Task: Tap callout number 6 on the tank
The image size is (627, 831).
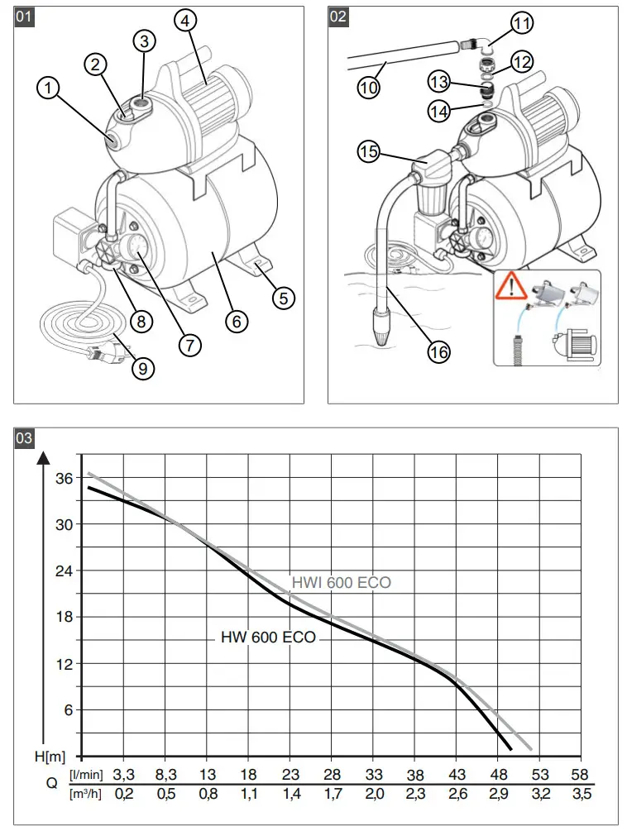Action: click(235, 320)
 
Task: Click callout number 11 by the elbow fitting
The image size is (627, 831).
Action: click(521, 24)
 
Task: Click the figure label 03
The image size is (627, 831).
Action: click(26, 437)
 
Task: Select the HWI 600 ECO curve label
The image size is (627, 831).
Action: click(341, 583)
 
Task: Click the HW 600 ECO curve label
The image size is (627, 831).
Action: click(268, 638)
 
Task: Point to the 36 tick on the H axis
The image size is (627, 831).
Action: click(64, 478)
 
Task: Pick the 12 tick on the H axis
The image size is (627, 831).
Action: click(64, 664)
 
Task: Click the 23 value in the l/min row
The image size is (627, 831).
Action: click(290, 775)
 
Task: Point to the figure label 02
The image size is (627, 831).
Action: click(338, 17)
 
